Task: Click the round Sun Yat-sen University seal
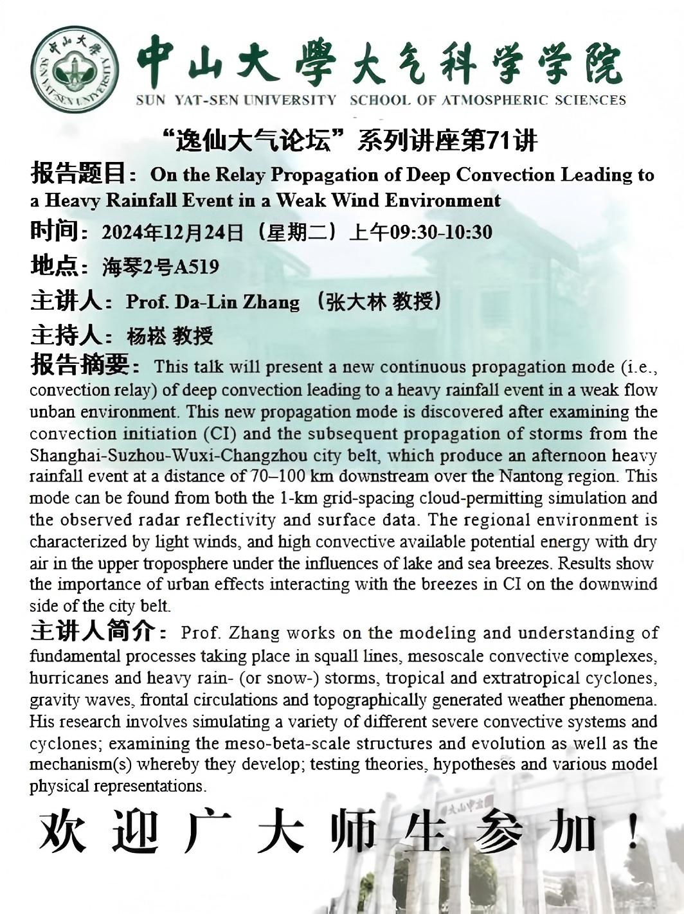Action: (75, 69)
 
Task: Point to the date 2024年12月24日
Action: (172, 232)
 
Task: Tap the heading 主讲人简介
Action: (92, 632)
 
